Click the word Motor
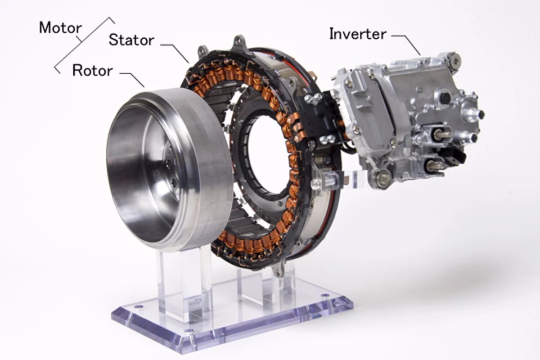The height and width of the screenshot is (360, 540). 60,27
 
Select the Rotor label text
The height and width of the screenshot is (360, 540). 92,70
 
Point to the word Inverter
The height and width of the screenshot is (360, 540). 357,34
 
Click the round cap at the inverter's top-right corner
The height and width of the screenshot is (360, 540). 452,58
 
